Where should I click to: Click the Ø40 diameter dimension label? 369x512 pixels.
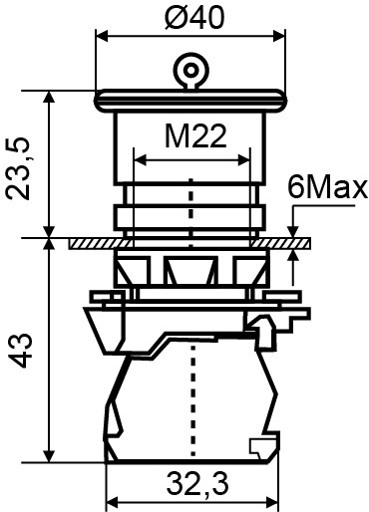[184, 17]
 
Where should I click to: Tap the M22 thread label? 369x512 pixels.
[189, 135]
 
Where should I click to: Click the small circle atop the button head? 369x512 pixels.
[186, 71]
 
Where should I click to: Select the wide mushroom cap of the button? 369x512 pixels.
[186, 99]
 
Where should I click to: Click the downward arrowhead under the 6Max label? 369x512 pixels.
[293, 230]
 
